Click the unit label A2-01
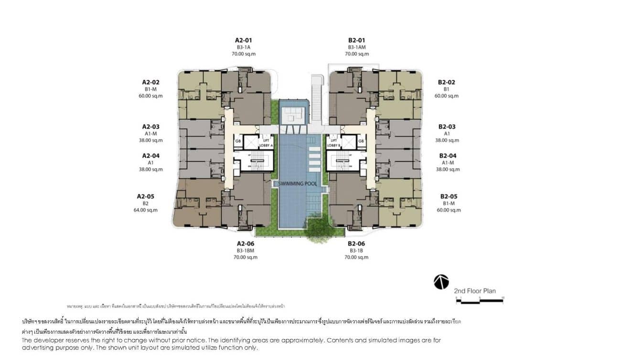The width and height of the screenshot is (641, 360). (x=243, y=40)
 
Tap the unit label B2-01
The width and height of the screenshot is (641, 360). (x=356, y=40)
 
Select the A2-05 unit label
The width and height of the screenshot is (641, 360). (x=145, y=196)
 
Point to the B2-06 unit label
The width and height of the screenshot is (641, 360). (x=356, y=244)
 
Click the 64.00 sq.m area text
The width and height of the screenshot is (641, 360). (x=145, y=210)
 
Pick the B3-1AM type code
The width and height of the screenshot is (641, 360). (x=356, y=47)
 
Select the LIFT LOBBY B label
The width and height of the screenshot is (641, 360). (x=333, y=142)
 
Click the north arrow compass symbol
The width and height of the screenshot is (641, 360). (x=441, y=282)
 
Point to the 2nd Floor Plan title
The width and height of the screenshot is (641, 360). (x=475, y=291)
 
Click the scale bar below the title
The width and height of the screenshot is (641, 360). (x=479, y=300)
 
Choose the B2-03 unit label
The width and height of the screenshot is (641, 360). (x=447, y=127)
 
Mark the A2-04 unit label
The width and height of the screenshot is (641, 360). (x=150, y=156)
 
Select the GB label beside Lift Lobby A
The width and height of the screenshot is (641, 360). (x=237, y=141)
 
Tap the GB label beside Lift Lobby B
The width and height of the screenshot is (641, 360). (x=361, y=141)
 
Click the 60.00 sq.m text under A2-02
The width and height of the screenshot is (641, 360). (x=150, y=96)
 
